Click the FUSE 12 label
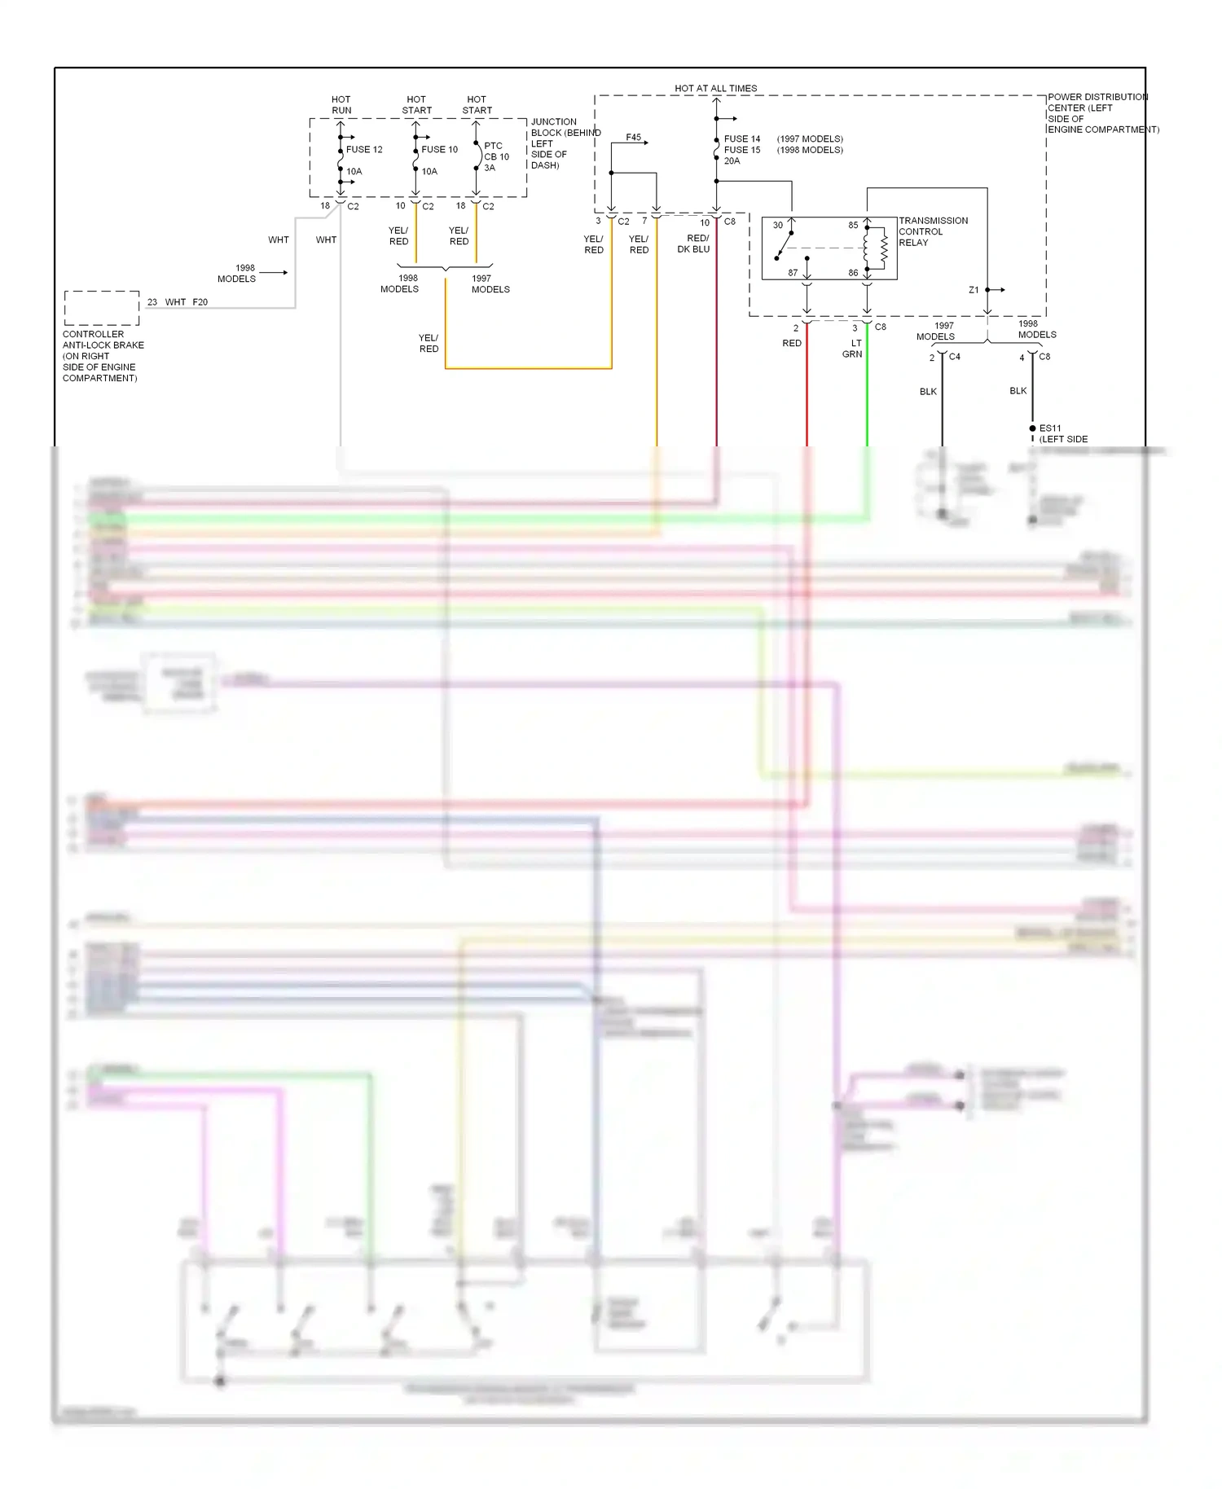[363, 150]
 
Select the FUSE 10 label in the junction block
[439, 150]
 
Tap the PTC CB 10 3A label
[495, 156]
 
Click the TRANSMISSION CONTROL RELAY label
[933, 231]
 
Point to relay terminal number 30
[778, 226]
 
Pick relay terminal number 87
[793, 273]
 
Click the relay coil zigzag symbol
[884, 249]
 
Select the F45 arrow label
[634, 138]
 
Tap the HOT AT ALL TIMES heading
[715, 88]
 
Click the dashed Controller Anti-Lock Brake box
[102, 308]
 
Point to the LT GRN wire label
[852, 349]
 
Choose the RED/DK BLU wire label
[694, 244]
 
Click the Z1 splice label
[974, 290]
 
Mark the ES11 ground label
[1050, 428]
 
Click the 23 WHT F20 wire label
[178, 302]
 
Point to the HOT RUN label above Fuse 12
[341, 104]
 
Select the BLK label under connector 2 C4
[928, 392]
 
